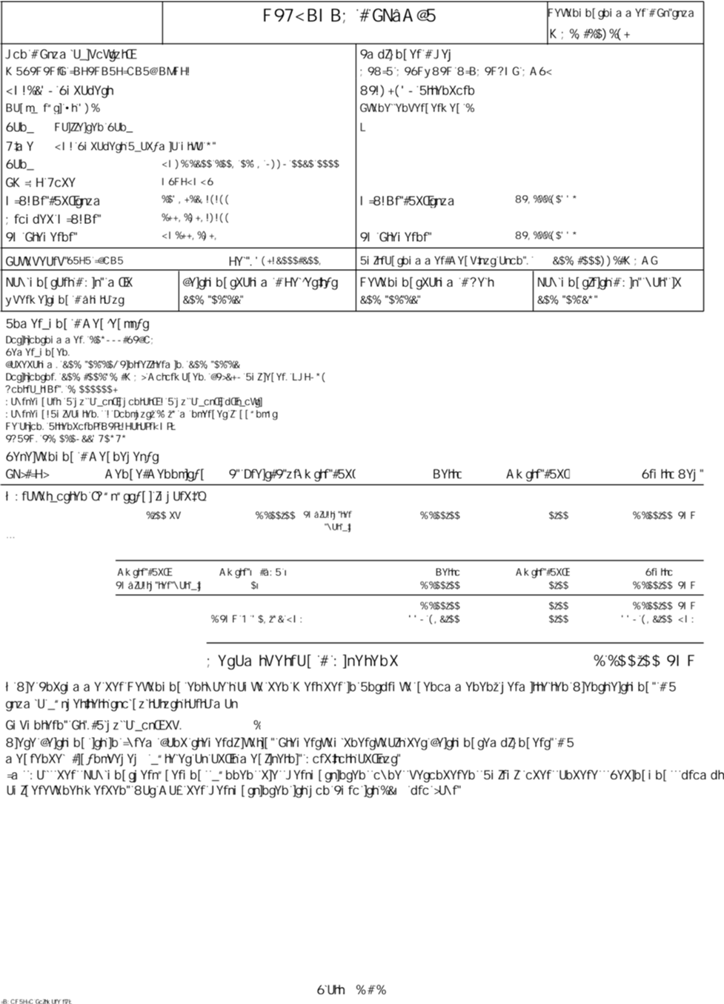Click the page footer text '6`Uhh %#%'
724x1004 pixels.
351,989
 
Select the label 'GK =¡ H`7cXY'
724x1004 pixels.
41,182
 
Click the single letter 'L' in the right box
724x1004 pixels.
362,128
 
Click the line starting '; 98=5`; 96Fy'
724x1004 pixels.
456,72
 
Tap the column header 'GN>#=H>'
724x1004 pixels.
27,474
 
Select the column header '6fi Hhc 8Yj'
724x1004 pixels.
672,474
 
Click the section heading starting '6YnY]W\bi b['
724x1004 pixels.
82,457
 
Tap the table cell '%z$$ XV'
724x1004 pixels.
162,515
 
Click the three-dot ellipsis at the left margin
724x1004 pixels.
10,536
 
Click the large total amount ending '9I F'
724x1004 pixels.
644,661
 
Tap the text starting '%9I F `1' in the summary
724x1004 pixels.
256,619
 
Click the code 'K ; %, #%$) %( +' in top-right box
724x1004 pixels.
590,34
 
